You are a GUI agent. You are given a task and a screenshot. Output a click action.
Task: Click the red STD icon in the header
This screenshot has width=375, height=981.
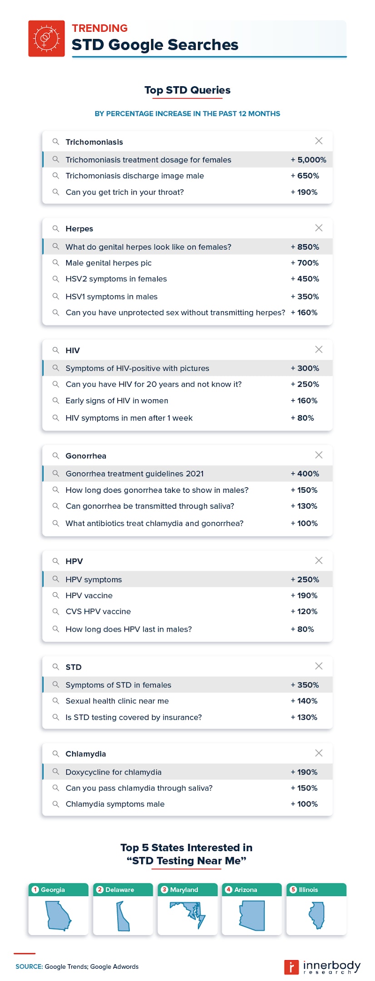(46, 39)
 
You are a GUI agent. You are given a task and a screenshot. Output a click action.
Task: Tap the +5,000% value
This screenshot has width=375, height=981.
(309, 160)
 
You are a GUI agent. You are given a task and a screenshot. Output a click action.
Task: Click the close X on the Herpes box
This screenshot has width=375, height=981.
(319, 228)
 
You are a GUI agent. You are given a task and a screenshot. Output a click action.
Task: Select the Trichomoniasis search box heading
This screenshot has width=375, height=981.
(94, 142)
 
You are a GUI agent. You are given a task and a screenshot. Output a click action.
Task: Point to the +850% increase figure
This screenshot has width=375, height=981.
(305, 247)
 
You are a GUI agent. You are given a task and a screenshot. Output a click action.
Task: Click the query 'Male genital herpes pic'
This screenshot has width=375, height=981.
(109, 263)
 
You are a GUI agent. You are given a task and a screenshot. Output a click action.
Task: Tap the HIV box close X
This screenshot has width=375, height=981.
(319, 349)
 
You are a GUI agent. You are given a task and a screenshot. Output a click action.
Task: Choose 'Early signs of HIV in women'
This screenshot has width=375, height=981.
(117, 401)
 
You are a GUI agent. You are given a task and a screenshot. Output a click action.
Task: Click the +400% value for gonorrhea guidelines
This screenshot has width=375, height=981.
(305, 474)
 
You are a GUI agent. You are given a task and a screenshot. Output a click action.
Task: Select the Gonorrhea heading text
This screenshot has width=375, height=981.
(86, 456)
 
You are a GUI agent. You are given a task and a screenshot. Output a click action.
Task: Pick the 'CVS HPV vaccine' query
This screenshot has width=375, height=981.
(98, 612)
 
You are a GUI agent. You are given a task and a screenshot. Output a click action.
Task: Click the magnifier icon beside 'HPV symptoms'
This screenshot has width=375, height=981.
(56, 579)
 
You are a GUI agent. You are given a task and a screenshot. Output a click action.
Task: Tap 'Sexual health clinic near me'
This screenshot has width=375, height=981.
(117, 701)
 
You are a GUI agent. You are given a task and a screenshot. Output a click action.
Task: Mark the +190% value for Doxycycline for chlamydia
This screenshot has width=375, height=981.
(304, 772)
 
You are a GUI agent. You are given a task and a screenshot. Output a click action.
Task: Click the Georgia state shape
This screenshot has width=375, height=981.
(58, 916)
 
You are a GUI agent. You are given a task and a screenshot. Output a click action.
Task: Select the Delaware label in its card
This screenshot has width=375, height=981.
(120, 890)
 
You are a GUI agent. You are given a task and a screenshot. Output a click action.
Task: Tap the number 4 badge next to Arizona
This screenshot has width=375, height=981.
(229, 890)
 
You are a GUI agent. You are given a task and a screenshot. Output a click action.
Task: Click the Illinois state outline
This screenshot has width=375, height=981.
(317, 915)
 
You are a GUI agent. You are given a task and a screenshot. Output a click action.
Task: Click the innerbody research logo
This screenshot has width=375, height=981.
(322, 967)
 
